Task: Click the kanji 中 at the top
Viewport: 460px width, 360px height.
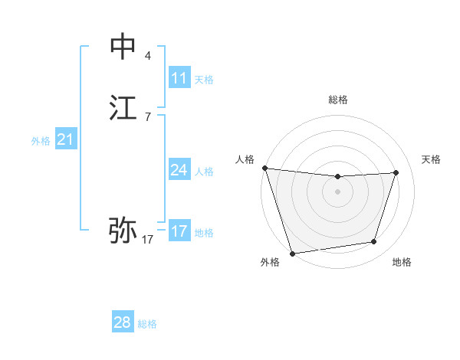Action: (123, 47)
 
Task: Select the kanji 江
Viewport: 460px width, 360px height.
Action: (123, 108)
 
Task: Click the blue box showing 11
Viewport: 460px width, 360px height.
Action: (179, 78)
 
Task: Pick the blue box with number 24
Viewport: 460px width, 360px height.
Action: (179, 170)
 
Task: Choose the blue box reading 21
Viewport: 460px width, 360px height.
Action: (65, 139)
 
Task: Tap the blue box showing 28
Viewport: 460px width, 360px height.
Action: (123, 322)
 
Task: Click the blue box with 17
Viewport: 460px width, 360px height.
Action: (179, 231)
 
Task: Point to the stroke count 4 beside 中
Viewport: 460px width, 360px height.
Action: (148, 56)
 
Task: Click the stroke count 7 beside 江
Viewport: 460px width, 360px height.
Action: (148, 117)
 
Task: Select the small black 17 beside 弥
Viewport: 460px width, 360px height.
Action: (148, 240)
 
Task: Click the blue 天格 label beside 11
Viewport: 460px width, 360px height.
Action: (204, 80)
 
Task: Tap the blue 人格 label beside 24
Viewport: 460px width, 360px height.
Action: (204, 172)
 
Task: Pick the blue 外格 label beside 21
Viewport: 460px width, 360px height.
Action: (41, 141)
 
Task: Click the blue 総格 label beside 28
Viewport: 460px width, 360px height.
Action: (147, 324)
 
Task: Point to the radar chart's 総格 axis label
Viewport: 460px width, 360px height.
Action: (337, 100)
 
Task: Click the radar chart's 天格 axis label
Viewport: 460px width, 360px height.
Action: (431, 159)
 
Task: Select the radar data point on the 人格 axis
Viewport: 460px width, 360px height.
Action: (264, 168)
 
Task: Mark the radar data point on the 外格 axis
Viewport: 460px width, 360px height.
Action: (292, 253)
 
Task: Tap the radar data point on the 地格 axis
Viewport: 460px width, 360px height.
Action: (374, 242)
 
